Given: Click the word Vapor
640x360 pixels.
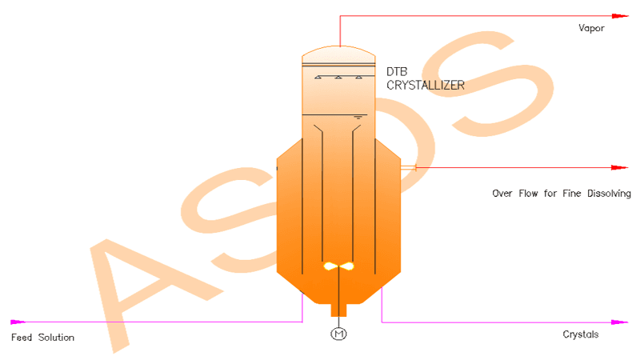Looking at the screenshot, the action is (591, 28).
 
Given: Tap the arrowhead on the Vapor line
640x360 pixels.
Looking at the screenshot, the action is (620, 16).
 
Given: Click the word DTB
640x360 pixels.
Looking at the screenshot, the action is (397, 72).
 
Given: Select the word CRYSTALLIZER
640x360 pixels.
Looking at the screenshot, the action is (426, 86).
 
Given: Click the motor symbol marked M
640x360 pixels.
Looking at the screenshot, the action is (338, 334).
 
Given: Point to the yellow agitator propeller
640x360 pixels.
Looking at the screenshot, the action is (338, 266).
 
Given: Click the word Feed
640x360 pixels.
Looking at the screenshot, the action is (22, 338).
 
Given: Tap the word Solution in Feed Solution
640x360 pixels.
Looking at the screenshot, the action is (56, 338).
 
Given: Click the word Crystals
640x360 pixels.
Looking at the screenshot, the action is (581, 334).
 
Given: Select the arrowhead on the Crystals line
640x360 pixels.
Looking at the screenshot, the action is (620, 322).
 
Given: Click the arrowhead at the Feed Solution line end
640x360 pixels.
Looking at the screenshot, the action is (18, 322).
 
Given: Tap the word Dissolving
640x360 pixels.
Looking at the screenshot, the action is (609, 194).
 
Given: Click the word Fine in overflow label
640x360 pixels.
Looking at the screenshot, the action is (571, 194).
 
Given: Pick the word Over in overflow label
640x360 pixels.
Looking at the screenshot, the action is (502, 194).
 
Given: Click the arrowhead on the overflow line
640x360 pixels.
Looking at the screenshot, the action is (620, 167).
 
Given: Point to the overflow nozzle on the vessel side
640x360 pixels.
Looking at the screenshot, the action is (408, 167).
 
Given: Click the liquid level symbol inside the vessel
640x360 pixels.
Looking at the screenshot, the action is (358, 118).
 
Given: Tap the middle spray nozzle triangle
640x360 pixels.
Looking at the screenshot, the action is (338, 77).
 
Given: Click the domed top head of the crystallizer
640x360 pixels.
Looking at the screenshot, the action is (338, 51).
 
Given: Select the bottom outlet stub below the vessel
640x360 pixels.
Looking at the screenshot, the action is (338, 310).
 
